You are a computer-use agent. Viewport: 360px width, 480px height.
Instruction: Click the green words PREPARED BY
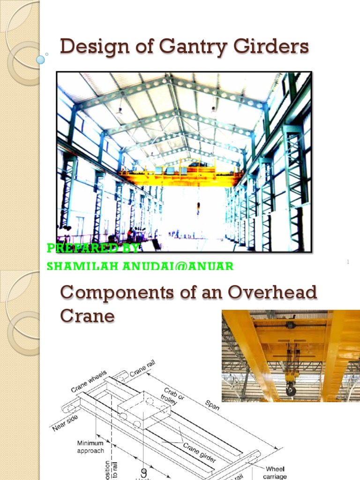coord(94,248)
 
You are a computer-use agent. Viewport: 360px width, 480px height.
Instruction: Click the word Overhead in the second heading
coord(272,293)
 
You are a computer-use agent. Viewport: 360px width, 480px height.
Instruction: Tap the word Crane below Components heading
coord(87,315)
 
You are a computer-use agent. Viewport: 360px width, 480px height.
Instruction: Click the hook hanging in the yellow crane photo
coord(291,387)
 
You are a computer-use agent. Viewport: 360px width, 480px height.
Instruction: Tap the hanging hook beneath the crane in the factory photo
coord(198,207)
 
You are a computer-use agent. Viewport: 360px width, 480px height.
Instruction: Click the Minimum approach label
coord(90,447)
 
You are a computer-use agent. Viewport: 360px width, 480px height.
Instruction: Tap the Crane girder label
coord(199,452)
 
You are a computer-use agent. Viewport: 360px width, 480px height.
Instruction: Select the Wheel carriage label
coord(275,472)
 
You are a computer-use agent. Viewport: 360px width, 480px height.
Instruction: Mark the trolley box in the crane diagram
coord(143,408)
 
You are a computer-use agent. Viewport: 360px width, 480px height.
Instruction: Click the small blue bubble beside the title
coord(40,60)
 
